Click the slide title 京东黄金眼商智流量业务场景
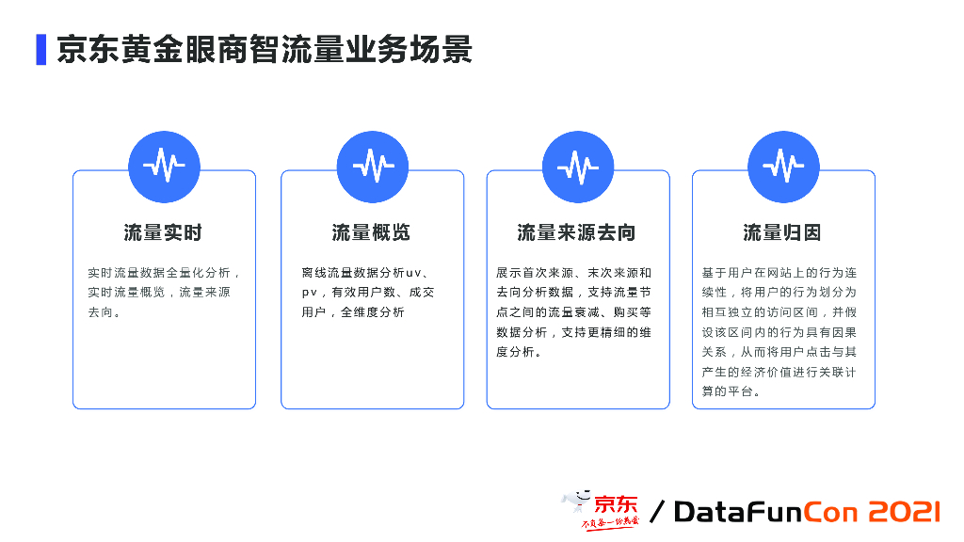point(264,49)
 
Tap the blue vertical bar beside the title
point(41,49)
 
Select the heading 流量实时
point(163,232)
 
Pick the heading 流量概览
point(371,232)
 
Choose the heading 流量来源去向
point(577,232)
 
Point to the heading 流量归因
point(782,232)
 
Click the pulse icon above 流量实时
point(164,167)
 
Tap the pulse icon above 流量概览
point(372,167)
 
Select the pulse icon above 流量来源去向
point(578,167)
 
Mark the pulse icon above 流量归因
point(783,167)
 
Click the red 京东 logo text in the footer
point(616,503)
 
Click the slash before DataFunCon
point(657,512)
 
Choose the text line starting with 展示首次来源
point(573,273)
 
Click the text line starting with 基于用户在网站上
point(779,273)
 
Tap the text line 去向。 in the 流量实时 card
point(104,312)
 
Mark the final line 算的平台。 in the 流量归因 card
point(731,391)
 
